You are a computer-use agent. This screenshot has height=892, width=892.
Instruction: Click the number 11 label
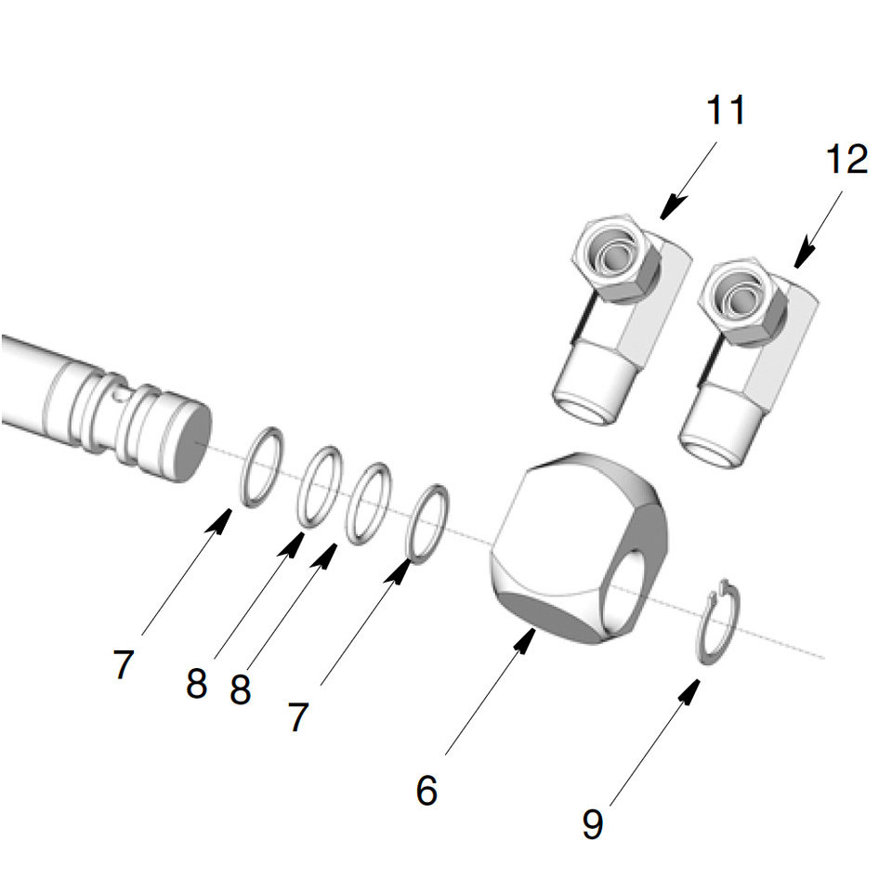tap(726, 110)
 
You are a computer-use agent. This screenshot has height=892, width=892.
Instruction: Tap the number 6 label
tap(426, 791)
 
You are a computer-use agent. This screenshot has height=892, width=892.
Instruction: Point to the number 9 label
tap(592, 822)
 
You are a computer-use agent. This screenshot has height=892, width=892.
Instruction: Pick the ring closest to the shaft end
tap(262, 466)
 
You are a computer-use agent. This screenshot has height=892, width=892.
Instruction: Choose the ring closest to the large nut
tap(429, 524)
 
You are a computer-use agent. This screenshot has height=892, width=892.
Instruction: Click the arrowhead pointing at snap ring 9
tap(691, 689)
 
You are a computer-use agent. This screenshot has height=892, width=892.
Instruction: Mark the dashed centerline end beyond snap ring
tap(821, 658)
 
